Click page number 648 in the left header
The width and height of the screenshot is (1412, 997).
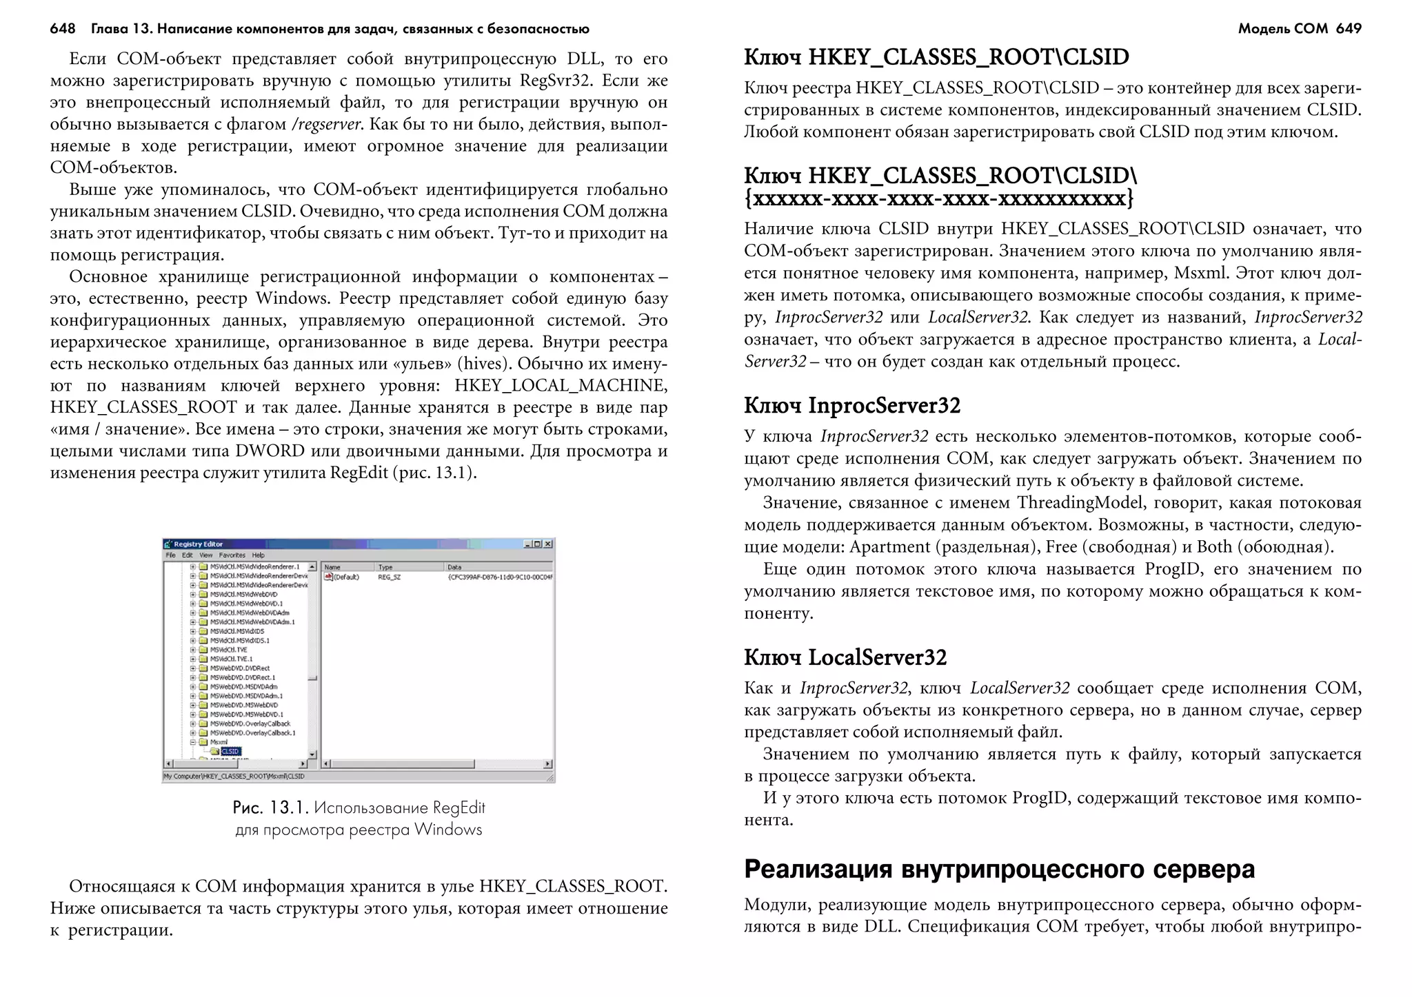(x=62, y=28)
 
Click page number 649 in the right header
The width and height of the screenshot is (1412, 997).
(x=1348, y=28)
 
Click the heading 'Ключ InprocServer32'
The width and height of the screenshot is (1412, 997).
(x=851, y=405)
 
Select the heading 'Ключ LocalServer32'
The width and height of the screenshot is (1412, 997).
(x=845, y=657)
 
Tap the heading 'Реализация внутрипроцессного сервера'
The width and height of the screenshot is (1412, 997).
(x=999, y=870)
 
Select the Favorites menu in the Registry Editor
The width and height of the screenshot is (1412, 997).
(x=232, y=555)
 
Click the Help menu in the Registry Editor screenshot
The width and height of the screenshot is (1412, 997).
(x=259, y=555)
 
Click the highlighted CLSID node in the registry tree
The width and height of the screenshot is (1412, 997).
(x=230, y=752)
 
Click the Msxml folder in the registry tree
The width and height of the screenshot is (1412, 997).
(x=219, y=743)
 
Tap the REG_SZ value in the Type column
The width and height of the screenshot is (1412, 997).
(x=389, y=577)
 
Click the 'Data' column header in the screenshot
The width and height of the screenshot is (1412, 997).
(x=454, y=567)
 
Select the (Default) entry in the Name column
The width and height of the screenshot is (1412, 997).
(x=345, y=577)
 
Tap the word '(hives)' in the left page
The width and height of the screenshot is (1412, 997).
(x=485, y=364)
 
